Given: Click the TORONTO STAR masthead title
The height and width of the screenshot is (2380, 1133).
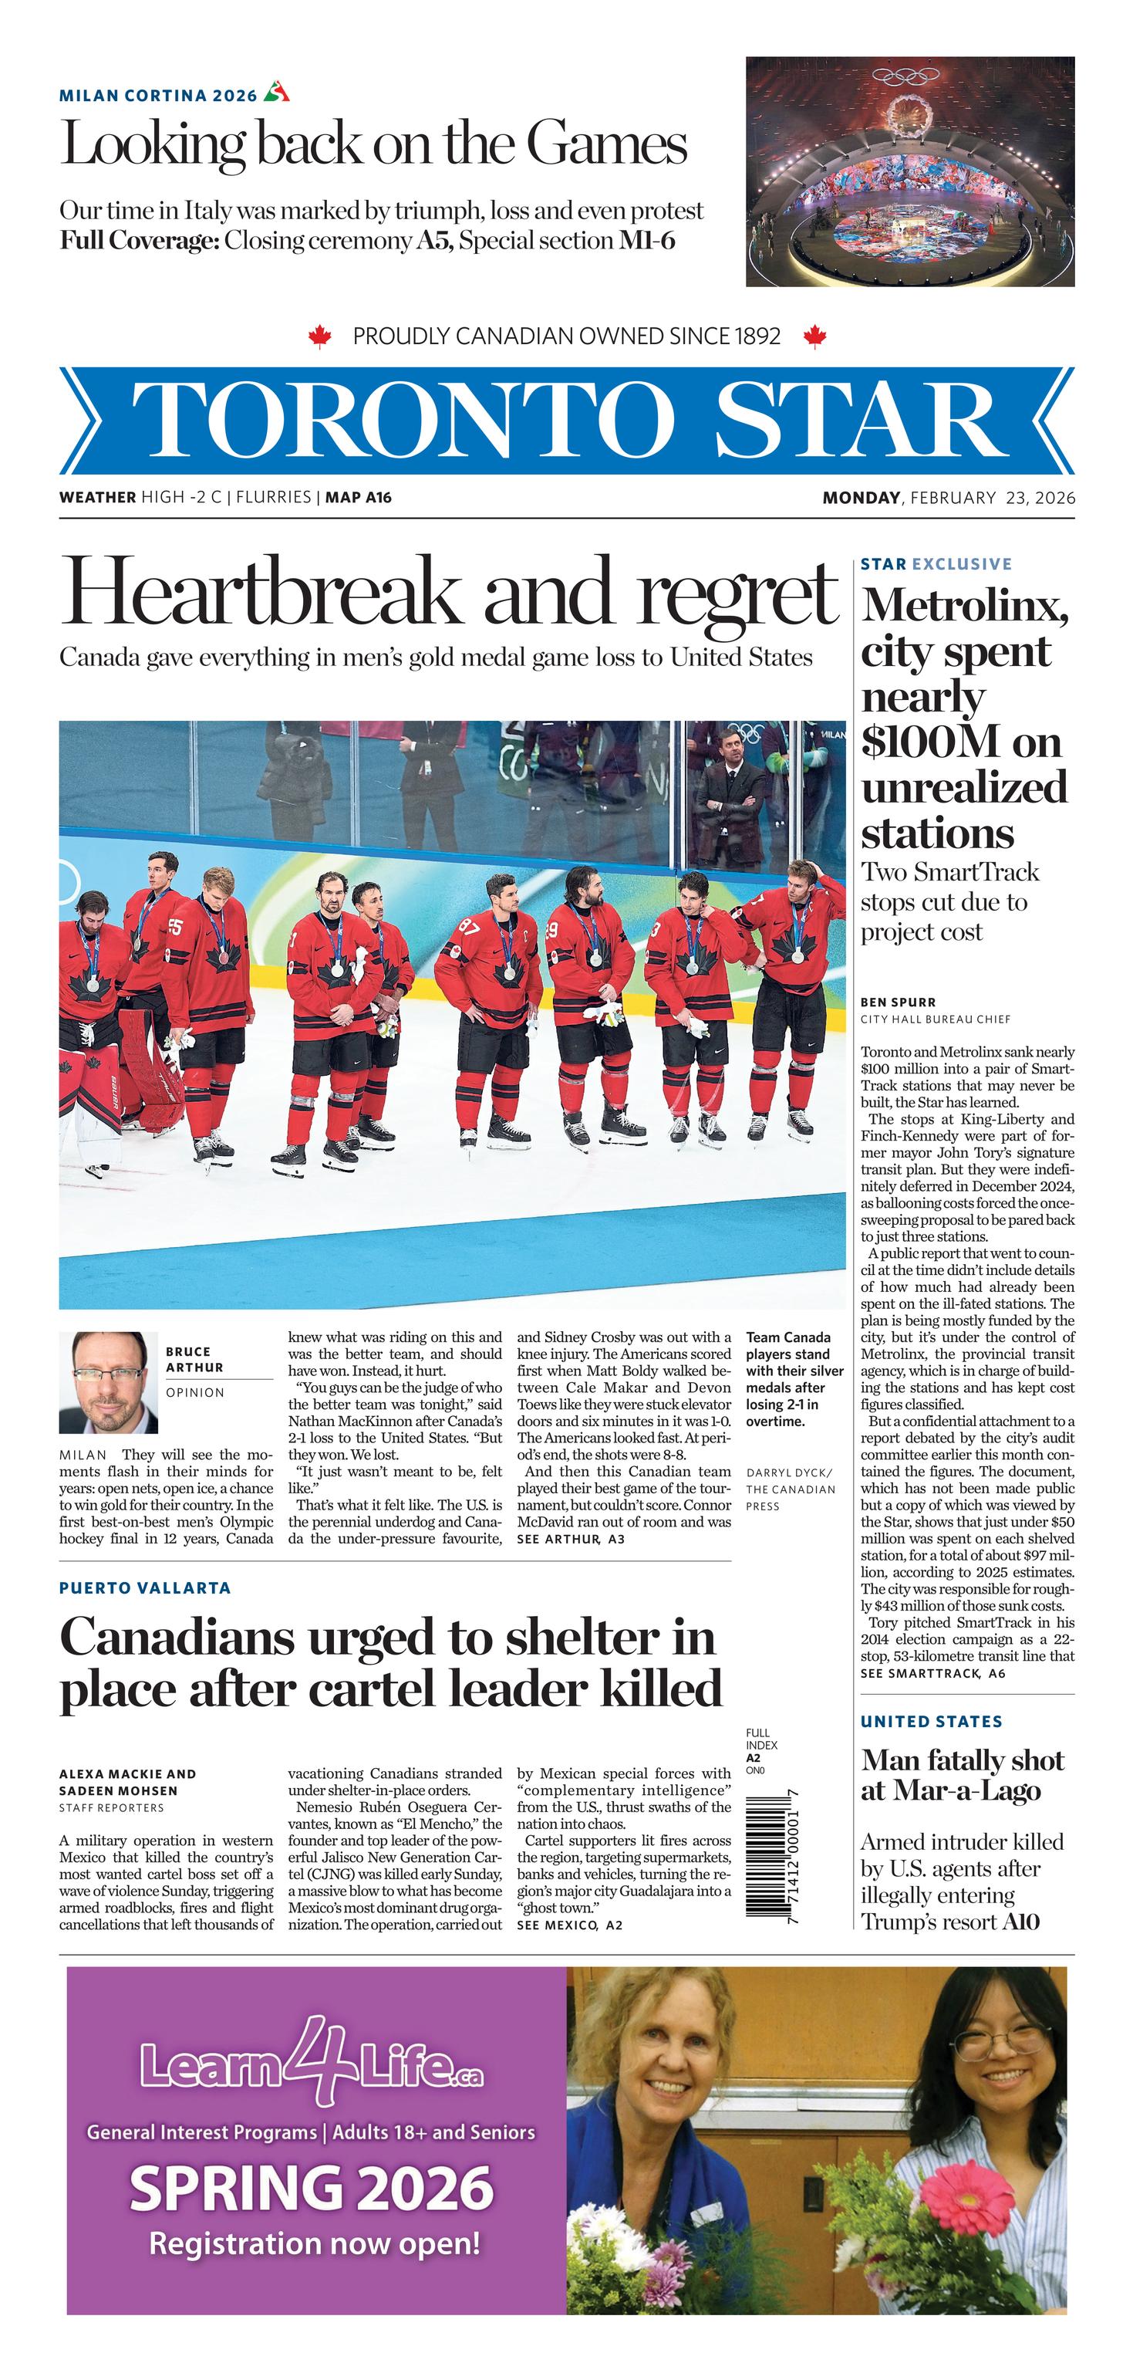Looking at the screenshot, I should (x=566, y=421).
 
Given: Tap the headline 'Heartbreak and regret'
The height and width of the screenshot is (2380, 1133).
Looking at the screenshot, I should (x=449, y=593).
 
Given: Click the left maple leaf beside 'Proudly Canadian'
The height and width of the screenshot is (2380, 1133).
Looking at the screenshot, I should (x=319, y=336).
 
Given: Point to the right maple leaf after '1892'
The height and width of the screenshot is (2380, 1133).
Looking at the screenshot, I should (x=814, y=336).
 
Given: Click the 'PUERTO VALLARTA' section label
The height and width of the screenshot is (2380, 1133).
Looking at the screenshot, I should (x=145, y=1588).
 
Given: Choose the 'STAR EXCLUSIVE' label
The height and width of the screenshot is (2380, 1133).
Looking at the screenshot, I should (x=936, y=563).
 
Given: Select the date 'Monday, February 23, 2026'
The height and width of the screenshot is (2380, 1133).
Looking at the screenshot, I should (x=949, y=498).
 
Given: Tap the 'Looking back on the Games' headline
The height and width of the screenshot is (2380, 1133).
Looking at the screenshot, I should (x=373, y=145).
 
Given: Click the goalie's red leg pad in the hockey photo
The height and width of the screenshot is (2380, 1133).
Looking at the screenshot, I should (x=148, y=1063).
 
